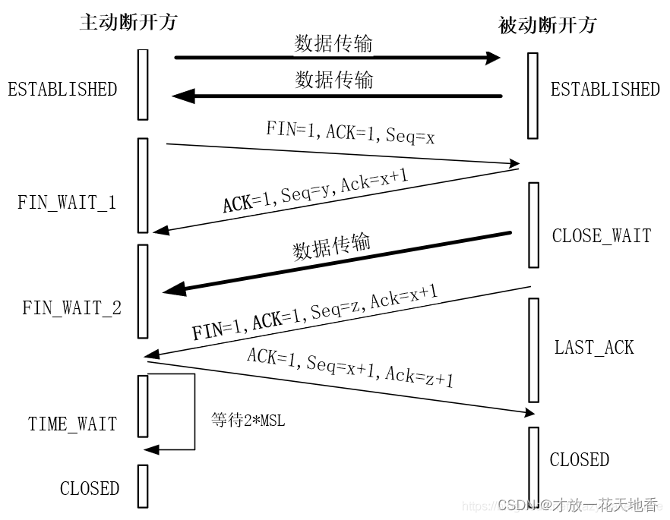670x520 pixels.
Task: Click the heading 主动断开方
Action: pyautogui.click(x=128, y=22)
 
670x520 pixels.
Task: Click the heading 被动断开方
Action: pyautogui.click(x=547, y=25)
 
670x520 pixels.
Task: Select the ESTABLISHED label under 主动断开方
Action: pyautogui.click(x=62, y=90)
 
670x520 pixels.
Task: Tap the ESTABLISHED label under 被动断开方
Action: pyautogui.click(x=605, y=90)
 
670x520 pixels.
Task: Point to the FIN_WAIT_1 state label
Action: pyautogui.click(x=67, y=203)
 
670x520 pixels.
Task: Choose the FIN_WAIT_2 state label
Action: pyautogui.click(x=71, y=308)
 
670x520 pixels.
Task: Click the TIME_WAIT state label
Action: pyautogui.click(x=73, y=424)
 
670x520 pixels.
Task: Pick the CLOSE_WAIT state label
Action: pyautogui.click(x=601, y=235)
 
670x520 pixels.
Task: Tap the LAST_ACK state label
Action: pyautogui.click(x=593, y=348)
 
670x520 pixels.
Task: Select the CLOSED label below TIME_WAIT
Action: pyautogui.click(x=90, y=488)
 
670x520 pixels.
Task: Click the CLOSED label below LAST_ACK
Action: pyautogui.click(x=579, y=459)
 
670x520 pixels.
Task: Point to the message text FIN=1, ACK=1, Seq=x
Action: pyautogui.click(x=349, y=132)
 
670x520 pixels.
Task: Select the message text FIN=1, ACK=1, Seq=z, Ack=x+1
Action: pyautogui.click(x=314, y=314)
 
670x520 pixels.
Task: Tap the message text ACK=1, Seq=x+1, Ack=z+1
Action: pyautogui.click(x=349, y=367)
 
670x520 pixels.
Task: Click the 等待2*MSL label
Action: pyautogui.click(x=248, y=420)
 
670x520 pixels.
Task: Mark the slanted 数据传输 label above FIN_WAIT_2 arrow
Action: pyautogui.click(x=331, y=247)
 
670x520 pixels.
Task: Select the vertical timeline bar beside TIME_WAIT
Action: pyautogui.click(x=142, y=406)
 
